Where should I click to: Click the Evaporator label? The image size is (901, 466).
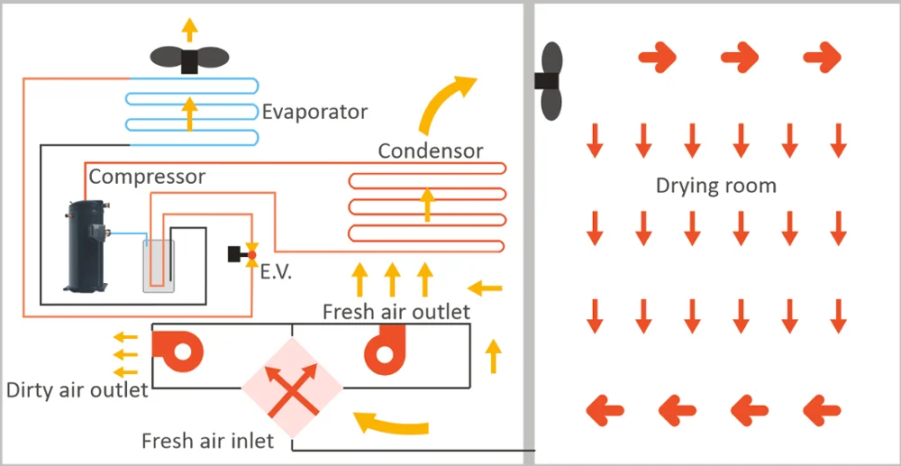314,113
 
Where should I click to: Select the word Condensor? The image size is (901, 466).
430,151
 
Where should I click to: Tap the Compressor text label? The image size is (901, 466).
147,177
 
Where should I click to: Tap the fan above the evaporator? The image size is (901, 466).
189,59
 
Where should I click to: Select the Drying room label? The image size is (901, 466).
715,187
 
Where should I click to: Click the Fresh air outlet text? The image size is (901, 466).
396,312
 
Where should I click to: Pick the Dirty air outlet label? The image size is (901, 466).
77,390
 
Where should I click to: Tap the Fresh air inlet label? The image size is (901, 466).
207,442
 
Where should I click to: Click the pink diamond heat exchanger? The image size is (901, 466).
292,389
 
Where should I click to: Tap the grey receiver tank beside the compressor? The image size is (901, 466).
158,265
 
